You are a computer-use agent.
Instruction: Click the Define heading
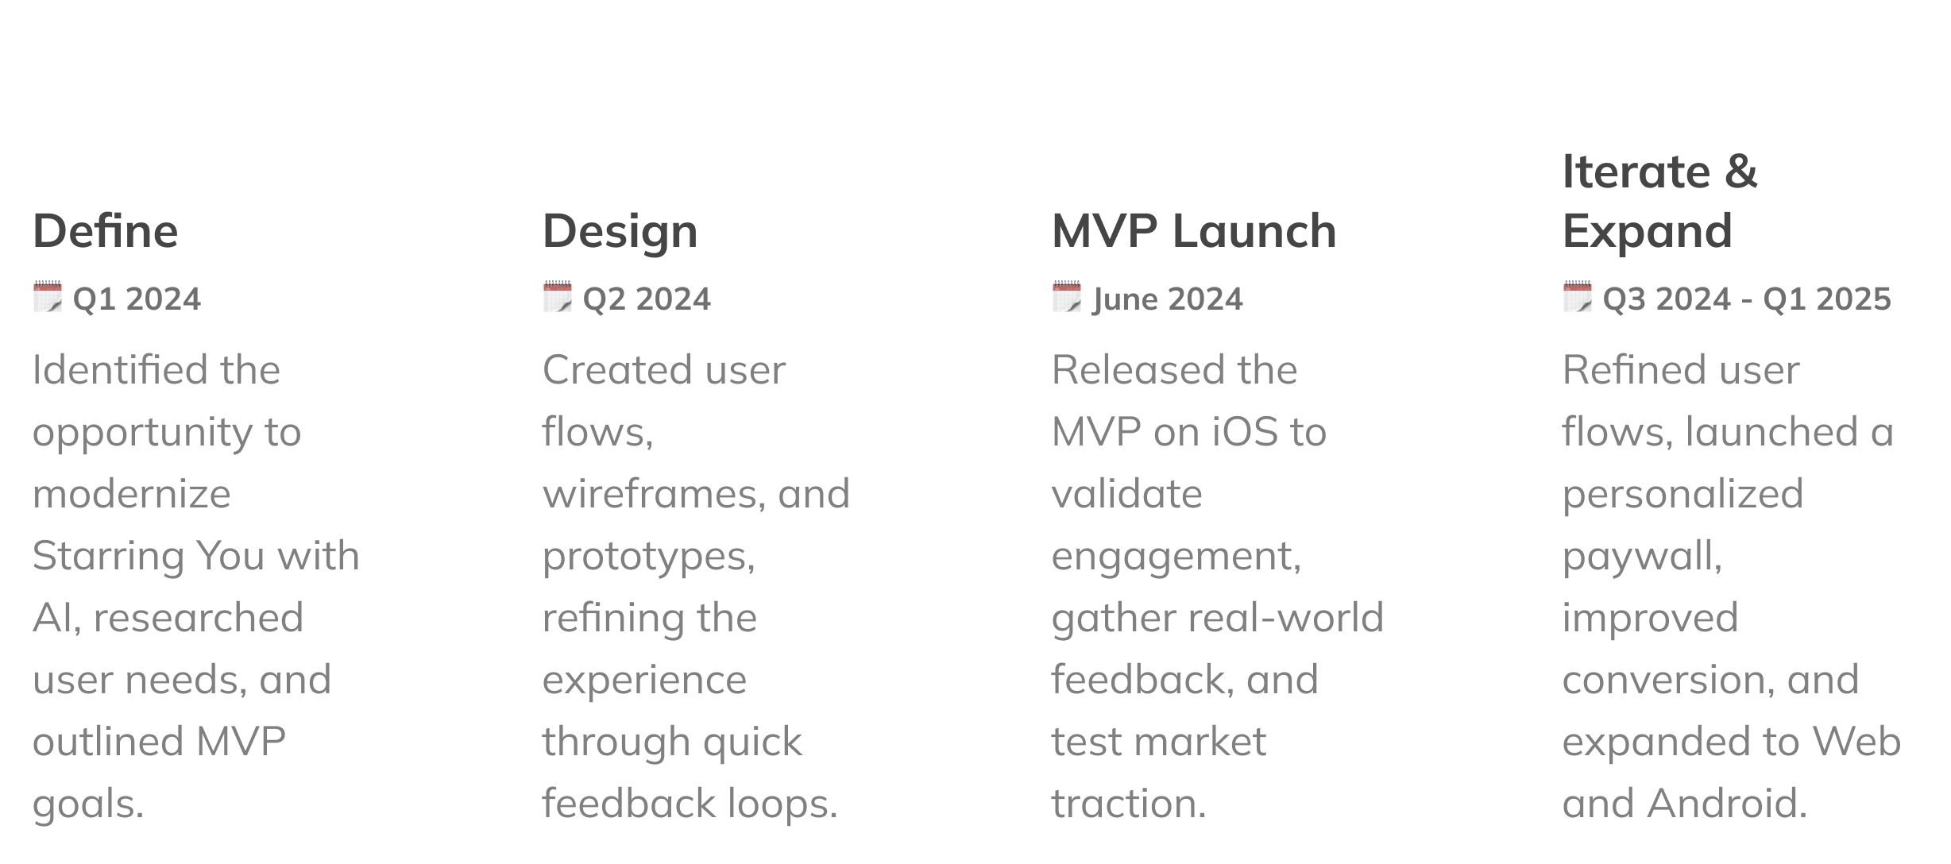coord(106,231)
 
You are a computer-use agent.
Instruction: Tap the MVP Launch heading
coord(1194,231)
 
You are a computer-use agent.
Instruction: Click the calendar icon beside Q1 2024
coord(48,297)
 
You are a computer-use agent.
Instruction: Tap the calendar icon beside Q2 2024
coord(558,297)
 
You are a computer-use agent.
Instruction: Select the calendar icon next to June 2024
coord(1067,297)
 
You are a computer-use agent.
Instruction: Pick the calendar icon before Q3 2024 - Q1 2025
coord(1578,297)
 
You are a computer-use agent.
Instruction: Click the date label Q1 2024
coord(137,299)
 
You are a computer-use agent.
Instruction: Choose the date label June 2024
coord(1168,299)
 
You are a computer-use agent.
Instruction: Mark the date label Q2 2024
coord(647,299)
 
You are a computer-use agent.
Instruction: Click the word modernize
coord(132,494)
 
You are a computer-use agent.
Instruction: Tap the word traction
coord(1128,804)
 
